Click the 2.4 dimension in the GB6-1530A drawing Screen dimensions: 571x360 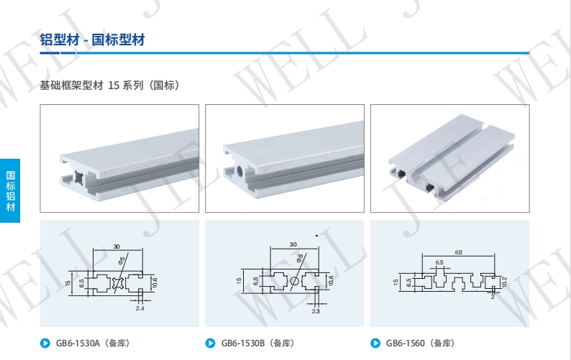pos(140,308)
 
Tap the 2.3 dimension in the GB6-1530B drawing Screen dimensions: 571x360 pos(316,311)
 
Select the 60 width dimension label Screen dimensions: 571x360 pos(459,252)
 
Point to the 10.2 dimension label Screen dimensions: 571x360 pos(504,282)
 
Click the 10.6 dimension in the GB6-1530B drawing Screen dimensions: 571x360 pos(331,281)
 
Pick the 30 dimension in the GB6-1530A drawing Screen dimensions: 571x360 pos(117,246)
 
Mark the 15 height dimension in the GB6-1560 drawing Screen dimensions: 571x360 pos(396,282)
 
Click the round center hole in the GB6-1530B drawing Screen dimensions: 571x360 pos(295,281)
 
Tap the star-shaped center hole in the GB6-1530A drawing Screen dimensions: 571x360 pos(118,283)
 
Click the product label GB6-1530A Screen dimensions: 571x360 pos(78,343)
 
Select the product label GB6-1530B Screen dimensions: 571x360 pos(243,343)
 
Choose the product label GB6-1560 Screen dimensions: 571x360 pos(406,343)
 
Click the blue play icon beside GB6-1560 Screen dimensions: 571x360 pos(375,343)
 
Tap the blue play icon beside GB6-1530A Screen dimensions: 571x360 pos(45,343)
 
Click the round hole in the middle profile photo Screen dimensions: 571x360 pos(241,170)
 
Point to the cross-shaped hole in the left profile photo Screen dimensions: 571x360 pos(79,178)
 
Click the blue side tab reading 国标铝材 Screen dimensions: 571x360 pos(10,190)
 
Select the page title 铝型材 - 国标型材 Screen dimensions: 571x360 pos(93,40)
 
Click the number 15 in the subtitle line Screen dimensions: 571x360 pos(114,86)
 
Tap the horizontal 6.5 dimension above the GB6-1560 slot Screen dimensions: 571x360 pos(439,262)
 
